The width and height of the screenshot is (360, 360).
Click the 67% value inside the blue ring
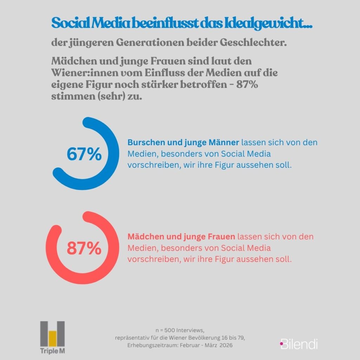pos(84,154)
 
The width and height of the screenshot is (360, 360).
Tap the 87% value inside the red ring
pos(84,249)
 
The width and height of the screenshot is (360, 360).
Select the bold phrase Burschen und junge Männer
pos(183,143)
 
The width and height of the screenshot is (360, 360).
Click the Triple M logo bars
pos(52,333)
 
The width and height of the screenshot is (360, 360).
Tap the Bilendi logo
pos(299,343)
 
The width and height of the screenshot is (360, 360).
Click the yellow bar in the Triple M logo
pos(53,338)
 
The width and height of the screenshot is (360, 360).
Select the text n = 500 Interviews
pos(180,330)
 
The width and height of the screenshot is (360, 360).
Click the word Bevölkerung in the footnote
pos(205,338)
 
